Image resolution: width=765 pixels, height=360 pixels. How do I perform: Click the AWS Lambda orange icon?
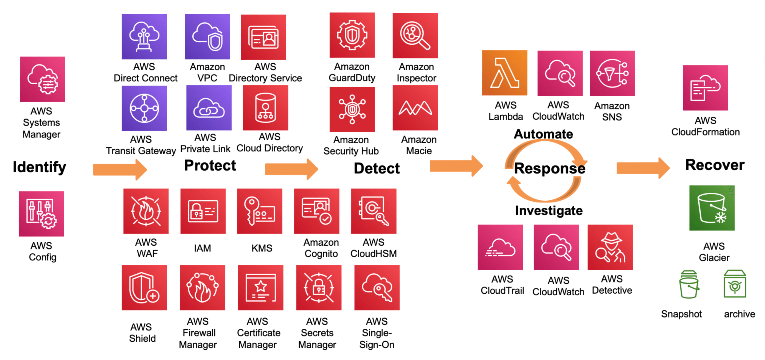pos(504,73)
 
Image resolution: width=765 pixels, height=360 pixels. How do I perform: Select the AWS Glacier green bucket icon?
pos(712,208)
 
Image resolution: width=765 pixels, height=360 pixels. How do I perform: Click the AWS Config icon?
pos(42,214)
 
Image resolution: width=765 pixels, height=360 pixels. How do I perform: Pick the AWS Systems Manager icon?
pos(43,79)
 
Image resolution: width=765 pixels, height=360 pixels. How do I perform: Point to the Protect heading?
pos(210,165)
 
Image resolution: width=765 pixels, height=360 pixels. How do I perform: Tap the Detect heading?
pos(377,168)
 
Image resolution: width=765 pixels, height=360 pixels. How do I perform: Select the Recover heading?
pos(714,165)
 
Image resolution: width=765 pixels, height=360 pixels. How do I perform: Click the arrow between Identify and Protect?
pos(120,169)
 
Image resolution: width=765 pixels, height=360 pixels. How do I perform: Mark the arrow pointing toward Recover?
pos(643,168)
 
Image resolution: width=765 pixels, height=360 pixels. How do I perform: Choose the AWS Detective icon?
pos(610,247)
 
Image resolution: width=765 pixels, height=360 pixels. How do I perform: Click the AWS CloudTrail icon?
pos(500,247)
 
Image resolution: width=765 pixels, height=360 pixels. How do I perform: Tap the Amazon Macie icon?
pos(415,108)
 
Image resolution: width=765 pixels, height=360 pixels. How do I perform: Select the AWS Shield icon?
pos(144,287)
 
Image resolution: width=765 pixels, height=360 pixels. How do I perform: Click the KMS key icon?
pos(259,211)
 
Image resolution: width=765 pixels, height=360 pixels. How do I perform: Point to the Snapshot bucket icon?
pos(688,284)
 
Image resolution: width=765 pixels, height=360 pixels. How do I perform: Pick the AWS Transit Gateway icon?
pos(144,108)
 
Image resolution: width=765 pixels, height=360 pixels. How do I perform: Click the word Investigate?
pos(549,211)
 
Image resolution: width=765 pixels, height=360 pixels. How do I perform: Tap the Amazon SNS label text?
pos(612,111)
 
